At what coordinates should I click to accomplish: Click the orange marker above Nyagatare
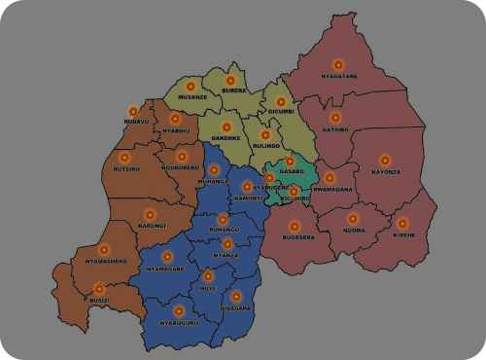coord(338,64)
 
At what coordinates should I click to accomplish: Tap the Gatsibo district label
coord(335,129)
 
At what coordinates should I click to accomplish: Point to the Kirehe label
coord(403,234)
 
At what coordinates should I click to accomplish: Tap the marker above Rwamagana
coord(330,178)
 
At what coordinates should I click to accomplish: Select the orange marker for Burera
coord(230,81)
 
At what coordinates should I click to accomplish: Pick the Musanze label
coord(192,97)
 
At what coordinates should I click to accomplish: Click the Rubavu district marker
coord(133,111)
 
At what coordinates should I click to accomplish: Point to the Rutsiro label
coord(125,169)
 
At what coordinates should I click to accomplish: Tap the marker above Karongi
coord(150,214)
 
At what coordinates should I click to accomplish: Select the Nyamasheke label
coord(104,262)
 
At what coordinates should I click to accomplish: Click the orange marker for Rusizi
coord(98,288)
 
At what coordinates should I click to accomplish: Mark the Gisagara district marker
coord(235,296)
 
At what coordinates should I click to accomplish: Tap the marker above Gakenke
coord(226,127)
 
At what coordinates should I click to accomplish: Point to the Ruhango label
coord(224,231)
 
